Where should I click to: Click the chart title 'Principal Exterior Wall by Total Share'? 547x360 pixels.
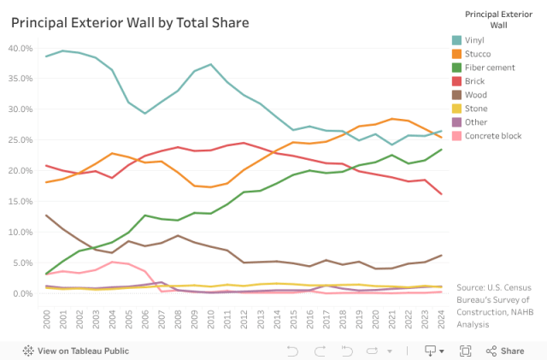coord(130,22)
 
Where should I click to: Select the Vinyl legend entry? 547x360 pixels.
coord(475,40)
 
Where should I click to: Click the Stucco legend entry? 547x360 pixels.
coord(479,54)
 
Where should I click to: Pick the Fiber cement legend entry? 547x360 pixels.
coord(488,68)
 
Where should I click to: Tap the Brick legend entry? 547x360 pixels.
coord(474,81)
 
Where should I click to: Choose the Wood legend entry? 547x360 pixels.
coord(475,95)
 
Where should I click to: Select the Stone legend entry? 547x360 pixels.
coord(475,109)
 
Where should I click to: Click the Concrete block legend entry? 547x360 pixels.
coord(493,136)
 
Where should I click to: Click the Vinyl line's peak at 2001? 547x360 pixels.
coord(62,50)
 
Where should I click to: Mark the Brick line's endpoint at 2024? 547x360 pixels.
coord(440,194)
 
